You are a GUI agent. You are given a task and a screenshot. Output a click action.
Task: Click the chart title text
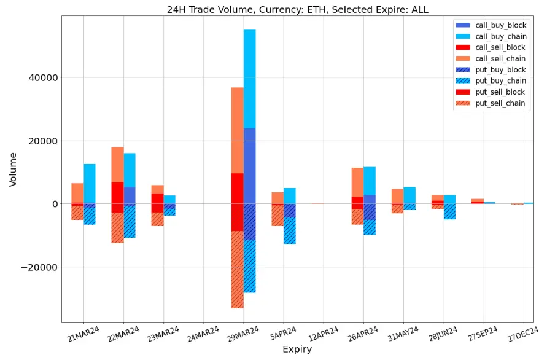[298, 9]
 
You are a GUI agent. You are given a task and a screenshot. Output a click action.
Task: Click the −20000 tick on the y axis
[38, 267]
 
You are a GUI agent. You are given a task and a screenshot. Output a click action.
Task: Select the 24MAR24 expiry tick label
[202, 335]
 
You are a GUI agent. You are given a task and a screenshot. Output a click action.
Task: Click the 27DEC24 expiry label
[522, 335]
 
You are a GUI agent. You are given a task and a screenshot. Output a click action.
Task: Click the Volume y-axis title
[13, 169]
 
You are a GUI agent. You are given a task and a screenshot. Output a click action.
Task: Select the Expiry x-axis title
[297, 350]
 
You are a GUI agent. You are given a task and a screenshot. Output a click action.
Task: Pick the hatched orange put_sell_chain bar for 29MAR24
[237, 270]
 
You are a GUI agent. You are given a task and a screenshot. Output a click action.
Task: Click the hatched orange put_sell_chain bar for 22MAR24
[117, 228]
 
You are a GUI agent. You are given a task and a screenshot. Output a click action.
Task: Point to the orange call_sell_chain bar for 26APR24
[357, 182]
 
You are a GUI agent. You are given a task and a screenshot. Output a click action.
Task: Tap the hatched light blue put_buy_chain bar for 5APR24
[290, 230]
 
